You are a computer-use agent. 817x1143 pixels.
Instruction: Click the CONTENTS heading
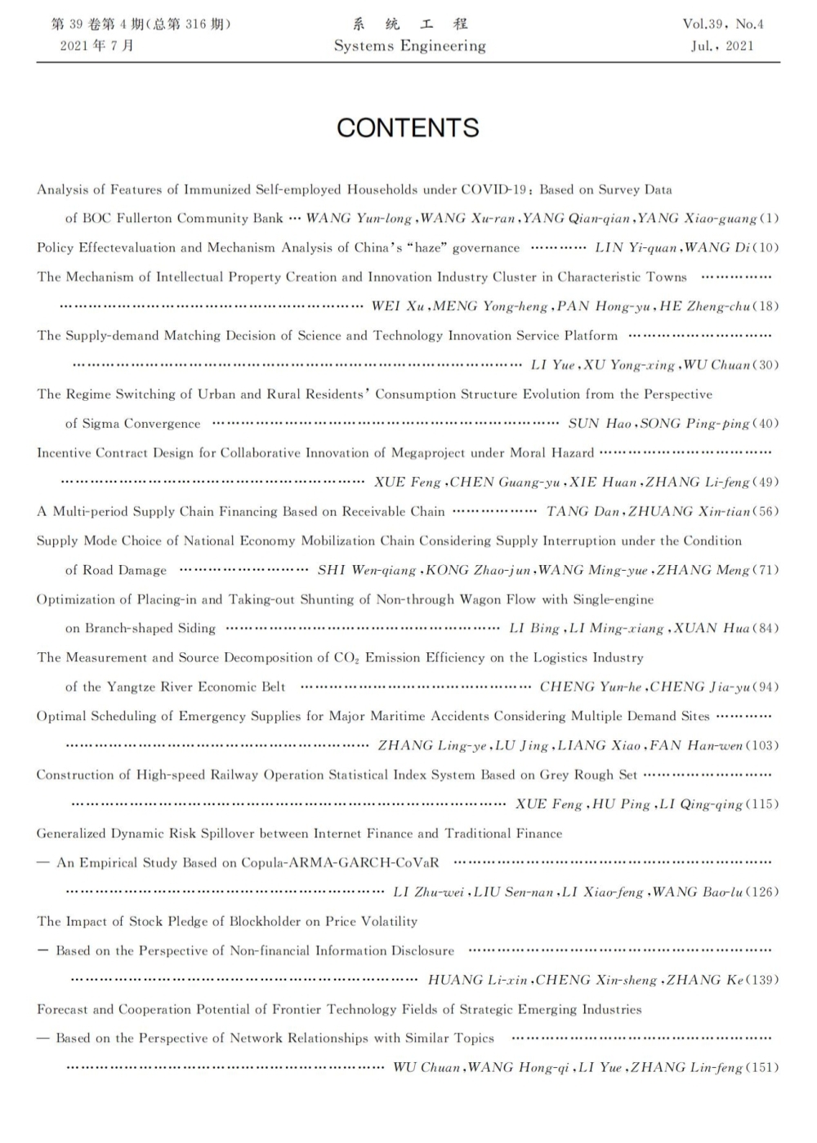click(408, 127)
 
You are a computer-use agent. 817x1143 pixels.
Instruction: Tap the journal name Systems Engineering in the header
click(409, 47)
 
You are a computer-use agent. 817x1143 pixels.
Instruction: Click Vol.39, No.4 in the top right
click(723, 24)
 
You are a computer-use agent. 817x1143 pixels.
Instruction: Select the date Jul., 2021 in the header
click(722, 47)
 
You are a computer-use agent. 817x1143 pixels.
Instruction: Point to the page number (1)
click(770, 218)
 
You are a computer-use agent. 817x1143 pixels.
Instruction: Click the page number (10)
click(766, 247)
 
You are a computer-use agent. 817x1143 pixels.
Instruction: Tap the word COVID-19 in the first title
click(494, 189)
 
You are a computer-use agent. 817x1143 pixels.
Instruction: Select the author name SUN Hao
click(600, 423)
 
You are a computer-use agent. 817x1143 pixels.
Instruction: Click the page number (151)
click(762, 1068)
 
